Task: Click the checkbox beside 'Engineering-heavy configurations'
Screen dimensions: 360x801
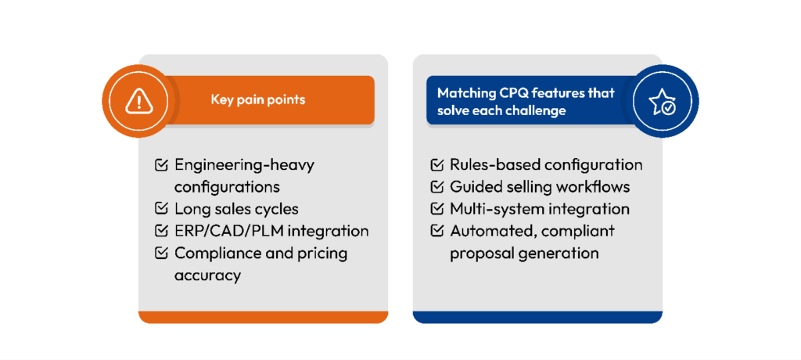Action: point(161,165)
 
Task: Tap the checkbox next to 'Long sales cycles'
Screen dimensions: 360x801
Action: point(161,209)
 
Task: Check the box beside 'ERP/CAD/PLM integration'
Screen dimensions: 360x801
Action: point(161,231)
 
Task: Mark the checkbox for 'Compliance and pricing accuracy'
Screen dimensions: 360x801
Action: point(161,253)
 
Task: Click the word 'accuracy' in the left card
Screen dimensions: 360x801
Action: point(207,275)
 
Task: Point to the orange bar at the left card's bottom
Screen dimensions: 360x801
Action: point(263,317)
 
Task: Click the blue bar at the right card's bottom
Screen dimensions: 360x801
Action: point(537,317)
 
